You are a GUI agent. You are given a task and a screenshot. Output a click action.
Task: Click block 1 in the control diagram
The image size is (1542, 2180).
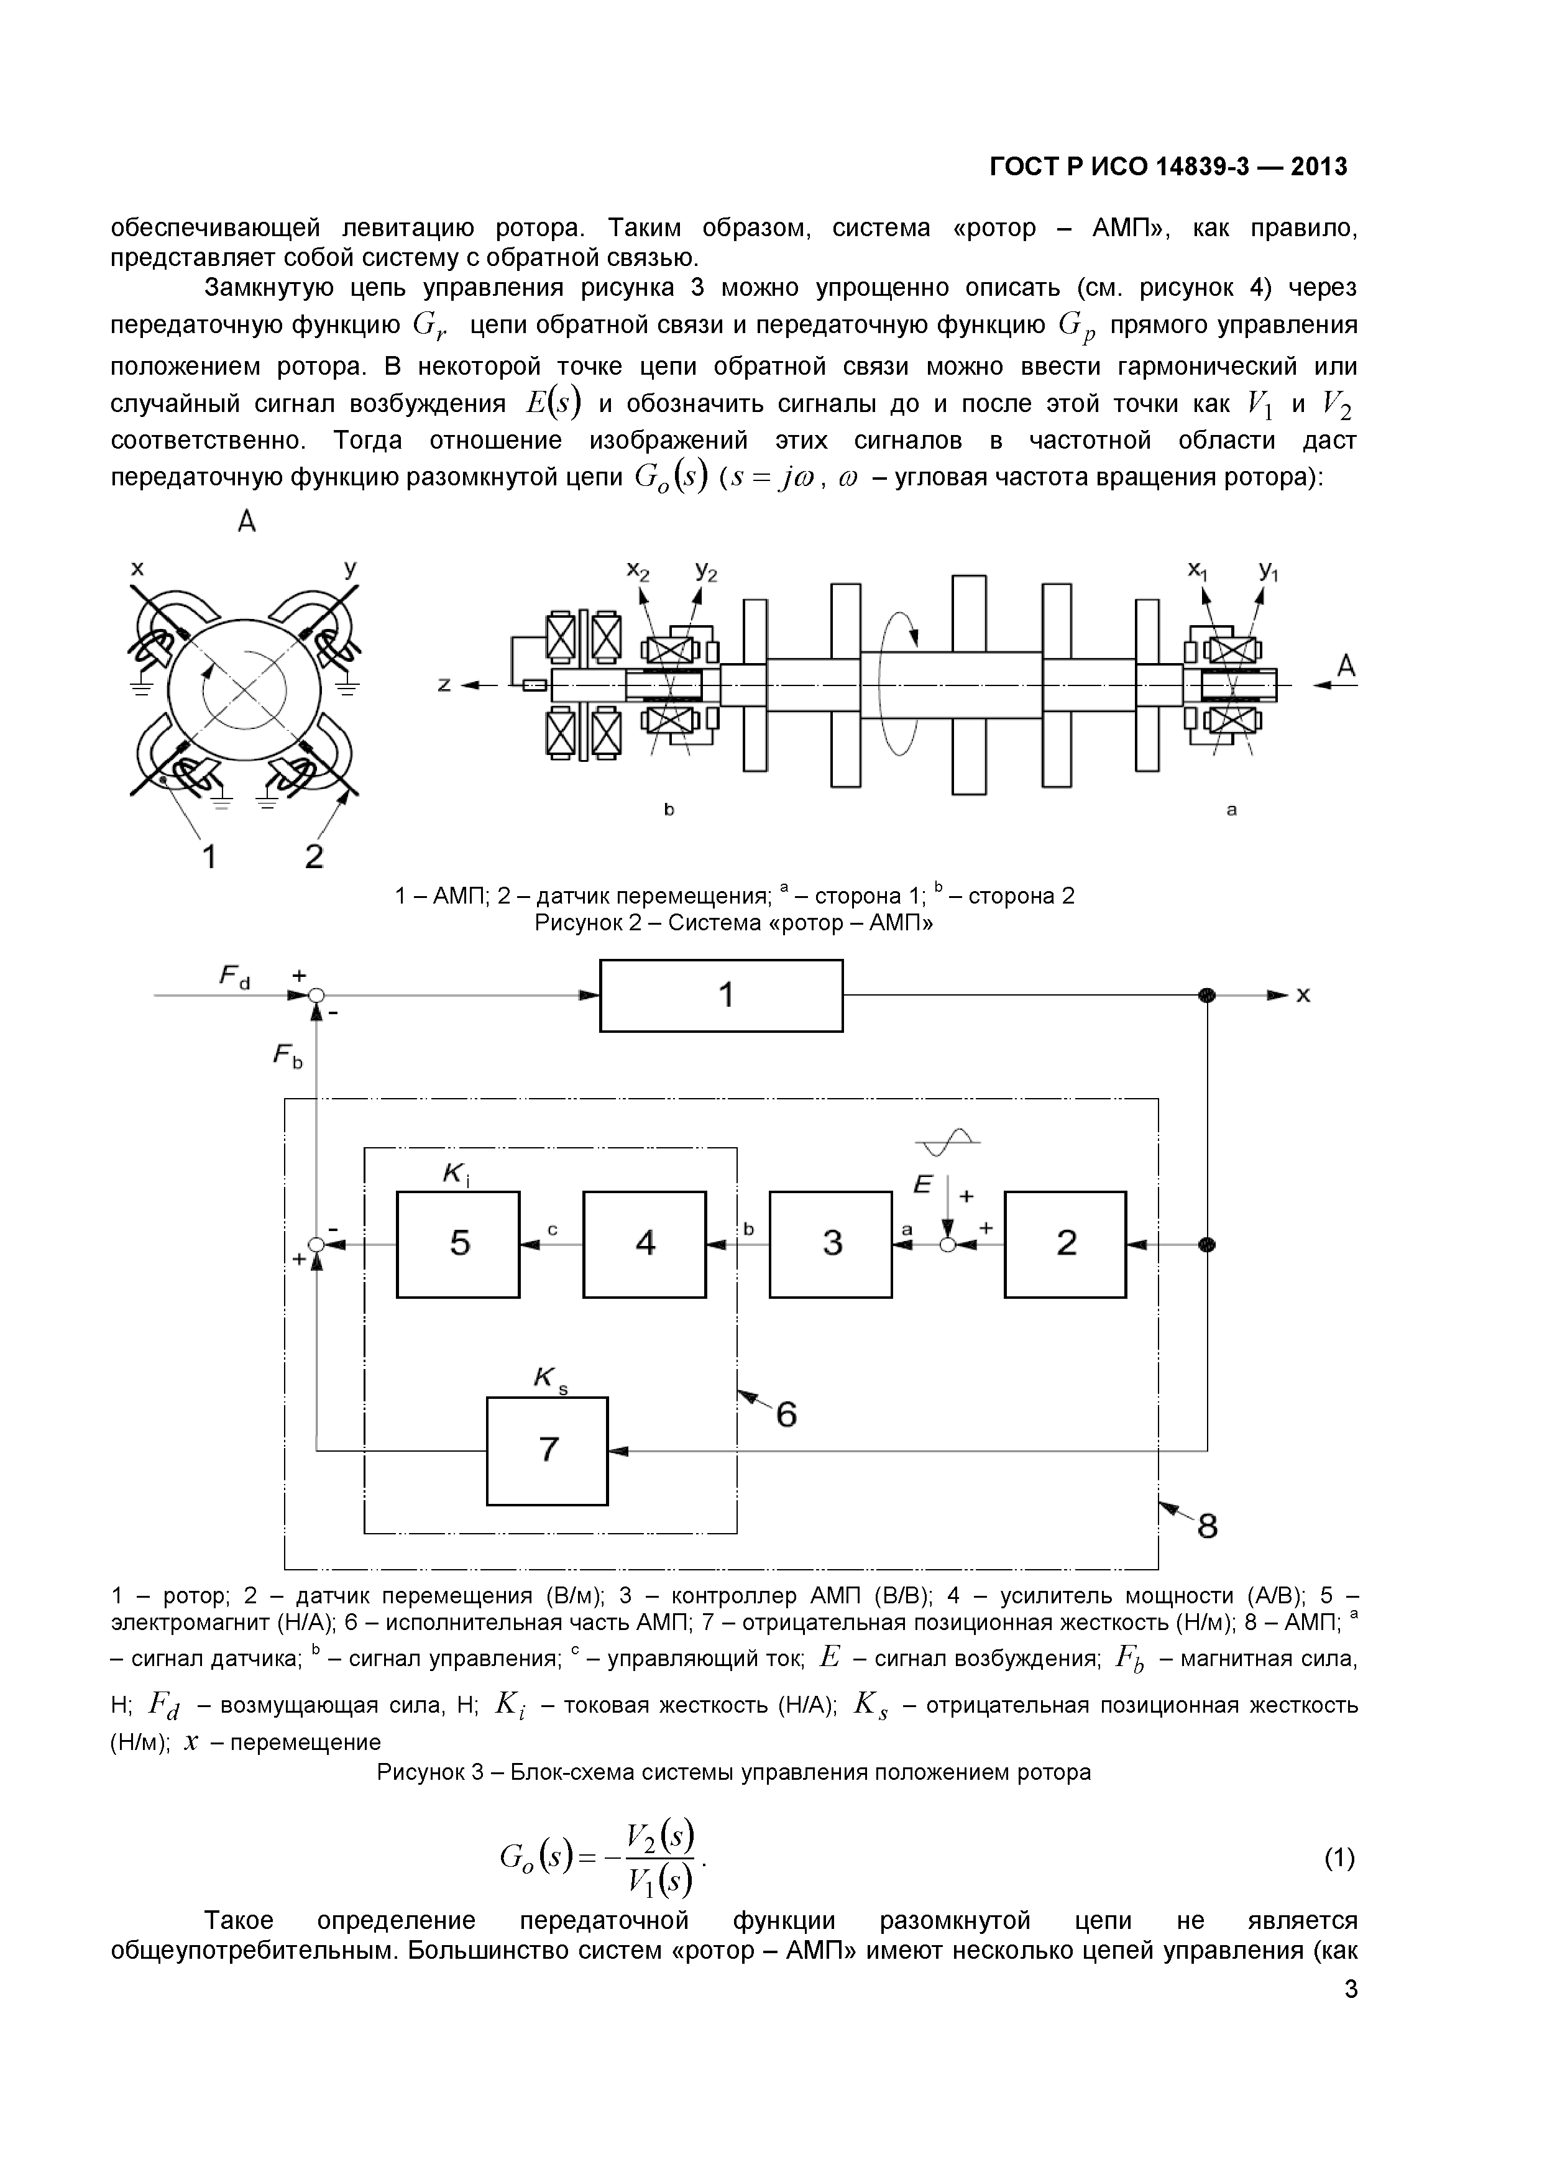click(x=721, y=995)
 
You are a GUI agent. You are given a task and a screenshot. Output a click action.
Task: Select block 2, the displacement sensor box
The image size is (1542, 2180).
click(x=1065, y=1244)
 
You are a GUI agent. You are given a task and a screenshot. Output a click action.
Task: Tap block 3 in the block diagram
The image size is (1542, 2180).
click(x=831, y=1244)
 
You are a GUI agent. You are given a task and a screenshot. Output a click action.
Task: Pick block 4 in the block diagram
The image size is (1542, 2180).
click(x=645, y=1244)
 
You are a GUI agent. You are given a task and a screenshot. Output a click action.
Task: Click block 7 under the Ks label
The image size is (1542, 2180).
click(x=548, y=1451)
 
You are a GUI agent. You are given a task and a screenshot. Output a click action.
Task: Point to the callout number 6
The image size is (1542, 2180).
click(x=786, y=1416)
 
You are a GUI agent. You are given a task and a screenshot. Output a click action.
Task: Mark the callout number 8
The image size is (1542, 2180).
click(x=1207, y=1527)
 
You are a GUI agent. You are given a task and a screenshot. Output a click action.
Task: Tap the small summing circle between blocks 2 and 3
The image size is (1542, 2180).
click(x=947, y=1245)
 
